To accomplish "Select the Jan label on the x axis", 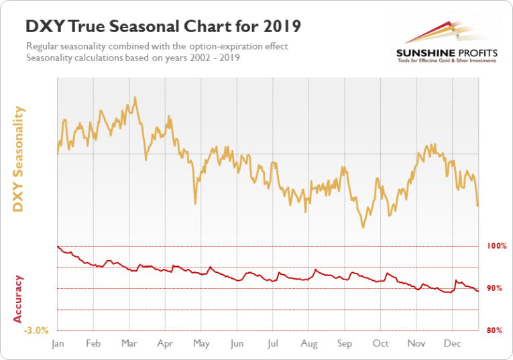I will point(58,343).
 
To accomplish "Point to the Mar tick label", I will point(129,343).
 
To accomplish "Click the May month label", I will point(201,343).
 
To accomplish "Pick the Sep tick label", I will point(344,343).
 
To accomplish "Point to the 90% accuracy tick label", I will point(495,288).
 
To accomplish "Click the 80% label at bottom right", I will point(495,331).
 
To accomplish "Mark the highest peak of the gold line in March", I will point(135,97).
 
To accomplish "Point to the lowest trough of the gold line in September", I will point(363,227).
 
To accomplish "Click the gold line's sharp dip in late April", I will point(194,203).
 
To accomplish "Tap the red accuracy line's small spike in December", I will point(456,281).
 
